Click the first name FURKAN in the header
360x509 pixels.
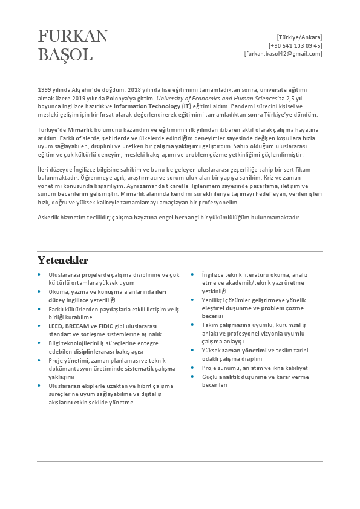point(73,36)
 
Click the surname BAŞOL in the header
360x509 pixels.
point(65,55)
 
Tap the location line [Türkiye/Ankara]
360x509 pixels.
point(299,37)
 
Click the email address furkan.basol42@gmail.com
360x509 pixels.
point(283,54)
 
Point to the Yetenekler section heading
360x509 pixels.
point(63,261)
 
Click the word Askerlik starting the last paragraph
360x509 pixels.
point(49,218)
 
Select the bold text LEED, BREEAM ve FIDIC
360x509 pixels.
point(80,325)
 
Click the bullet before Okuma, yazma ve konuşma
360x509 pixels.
point(39,291)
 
